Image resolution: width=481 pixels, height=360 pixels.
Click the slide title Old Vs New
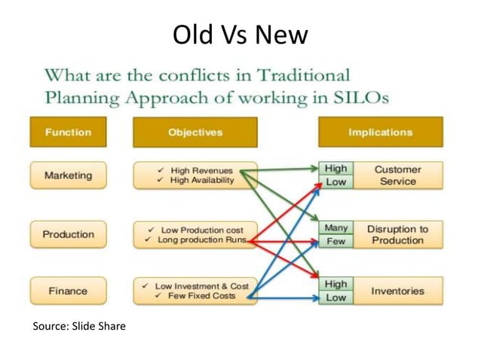coord(240,35)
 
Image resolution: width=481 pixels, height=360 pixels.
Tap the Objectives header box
coord(195,132)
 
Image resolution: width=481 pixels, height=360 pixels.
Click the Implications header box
coord(380,132)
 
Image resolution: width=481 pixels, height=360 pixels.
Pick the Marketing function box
coord(68,175)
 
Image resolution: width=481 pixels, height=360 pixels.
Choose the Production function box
coord(68,234)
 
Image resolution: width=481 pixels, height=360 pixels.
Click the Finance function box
coord(68,291)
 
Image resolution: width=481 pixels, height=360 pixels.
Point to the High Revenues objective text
coord(202,170)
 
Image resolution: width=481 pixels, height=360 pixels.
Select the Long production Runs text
coord(202,240)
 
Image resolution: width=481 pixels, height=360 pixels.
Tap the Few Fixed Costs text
coord(202,296)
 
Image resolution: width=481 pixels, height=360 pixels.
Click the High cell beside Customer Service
coord(335,169)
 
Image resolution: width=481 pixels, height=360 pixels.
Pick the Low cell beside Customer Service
coord(335,182)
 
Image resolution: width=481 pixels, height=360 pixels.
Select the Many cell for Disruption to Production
coord(335,227)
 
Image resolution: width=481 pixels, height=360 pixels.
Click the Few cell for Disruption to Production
coord(335,241)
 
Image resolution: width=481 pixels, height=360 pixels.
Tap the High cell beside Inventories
coord(335,284)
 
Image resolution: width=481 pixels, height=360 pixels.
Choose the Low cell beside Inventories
coord(335,297)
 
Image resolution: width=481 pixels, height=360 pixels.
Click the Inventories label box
coord(397,291)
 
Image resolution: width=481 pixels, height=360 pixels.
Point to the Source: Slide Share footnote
coord(79,326)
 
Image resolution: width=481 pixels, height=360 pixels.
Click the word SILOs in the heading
coord(360,98)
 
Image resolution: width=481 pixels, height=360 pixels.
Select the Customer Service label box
coord(397,175)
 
